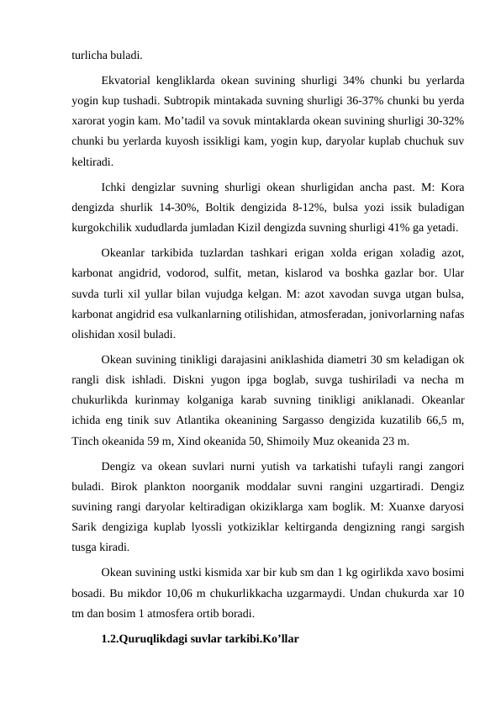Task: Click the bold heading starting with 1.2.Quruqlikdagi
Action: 198,637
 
